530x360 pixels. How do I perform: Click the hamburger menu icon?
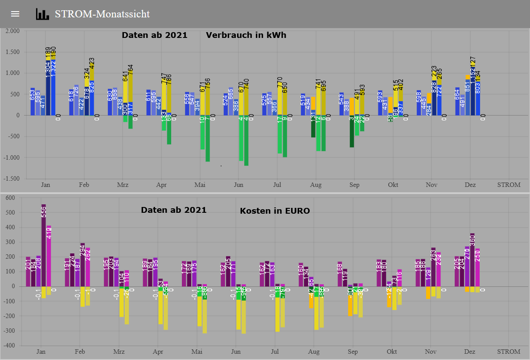(15, 14)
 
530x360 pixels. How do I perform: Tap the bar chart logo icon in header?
(42, 14)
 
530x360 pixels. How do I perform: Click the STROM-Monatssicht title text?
(102, 14)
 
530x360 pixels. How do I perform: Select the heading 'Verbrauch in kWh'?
(246, 35)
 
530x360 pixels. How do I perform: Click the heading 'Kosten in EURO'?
(275, 211)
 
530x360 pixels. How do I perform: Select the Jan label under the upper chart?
(45, 185)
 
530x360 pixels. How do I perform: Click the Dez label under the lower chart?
(470, 352)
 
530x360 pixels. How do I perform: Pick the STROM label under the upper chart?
(509, 185)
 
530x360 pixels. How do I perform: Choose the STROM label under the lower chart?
(509, 352)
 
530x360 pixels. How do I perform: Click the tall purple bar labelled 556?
(44, 245)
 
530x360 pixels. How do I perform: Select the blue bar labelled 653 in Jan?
(33, 102)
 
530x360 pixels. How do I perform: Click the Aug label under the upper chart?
(316, 185)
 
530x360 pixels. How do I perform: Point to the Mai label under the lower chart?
(197, 352)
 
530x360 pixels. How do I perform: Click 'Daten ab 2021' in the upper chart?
(154, 35)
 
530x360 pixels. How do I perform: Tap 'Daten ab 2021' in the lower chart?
(173, 210)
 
